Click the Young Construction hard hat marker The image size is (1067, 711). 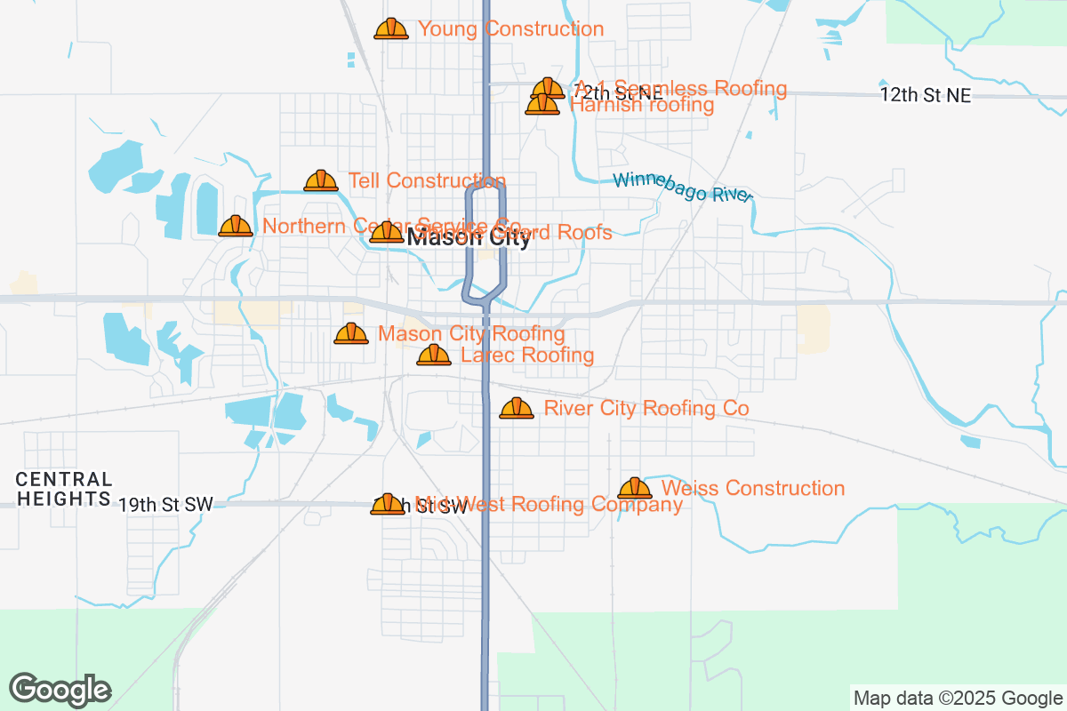tap(391, 29)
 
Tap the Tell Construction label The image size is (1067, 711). tap(427, 181)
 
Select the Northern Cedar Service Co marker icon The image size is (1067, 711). tap(236, 226)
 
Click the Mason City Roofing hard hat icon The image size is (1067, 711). tap(351, 334)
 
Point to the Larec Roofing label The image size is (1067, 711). tap(527, 355)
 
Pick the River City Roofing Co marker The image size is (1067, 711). tap(517, 408)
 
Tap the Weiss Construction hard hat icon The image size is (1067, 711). tap(635, 488)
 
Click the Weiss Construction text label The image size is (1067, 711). tap(753, 488)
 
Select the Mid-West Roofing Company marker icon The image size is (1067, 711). tap(388, 505)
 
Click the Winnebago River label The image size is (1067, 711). tap(682, 188)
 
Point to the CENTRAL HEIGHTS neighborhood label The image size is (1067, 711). tap(64, 490)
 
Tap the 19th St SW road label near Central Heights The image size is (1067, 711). tap(166, 505)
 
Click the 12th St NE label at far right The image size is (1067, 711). tap(926, 96)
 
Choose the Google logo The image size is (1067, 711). tap(60, 690)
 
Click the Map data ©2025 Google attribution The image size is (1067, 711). tap(958, 698)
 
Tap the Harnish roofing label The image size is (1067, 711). tap(641, 105)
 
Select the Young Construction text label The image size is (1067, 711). tap(510, 29)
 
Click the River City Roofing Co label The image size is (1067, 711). tap(646, 408)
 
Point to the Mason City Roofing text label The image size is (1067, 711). tap(471, 334)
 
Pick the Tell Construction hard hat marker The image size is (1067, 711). tap(321, 181)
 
